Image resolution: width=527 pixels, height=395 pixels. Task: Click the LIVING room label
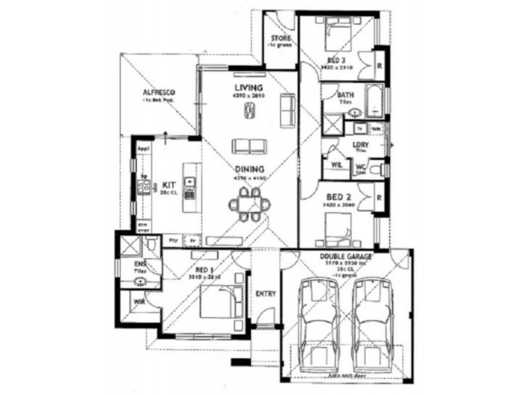[x=249, y=88]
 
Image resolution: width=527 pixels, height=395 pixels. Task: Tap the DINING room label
[x=248, y=169]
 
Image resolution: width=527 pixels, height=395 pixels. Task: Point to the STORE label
[x=281, y=39]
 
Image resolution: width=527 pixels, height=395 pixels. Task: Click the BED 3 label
[x=337, y=60]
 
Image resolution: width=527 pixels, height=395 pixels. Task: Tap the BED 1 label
[x=205, y=271]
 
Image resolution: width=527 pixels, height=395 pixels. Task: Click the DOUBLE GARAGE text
[x=347, y=256]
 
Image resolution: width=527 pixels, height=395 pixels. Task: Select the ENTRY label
[x=265, y=294]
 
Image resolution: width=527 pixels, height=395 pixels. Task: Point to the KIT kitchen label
[x=167, y=185]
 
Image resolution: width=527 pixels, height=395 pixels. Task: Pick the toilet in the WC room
[x=375, y=171]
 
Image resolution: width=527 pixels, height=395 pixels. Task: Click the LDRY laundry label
[x=360, y=145]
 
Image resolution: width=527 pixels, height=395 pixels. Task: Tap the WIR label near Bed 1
[x=139, y=302]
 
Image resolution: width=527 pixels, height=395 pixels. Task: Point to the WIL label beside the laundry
[x=336, y=165]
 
